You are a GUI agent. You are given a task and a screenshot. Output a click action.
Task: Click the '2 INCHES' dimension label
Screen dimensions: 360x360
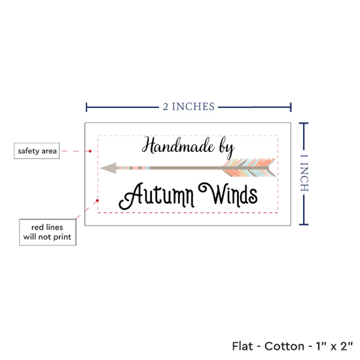[189, 107]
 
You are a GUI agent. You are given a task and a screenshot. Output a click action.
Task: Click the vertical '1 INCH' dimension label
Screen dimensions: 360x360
[304, 173]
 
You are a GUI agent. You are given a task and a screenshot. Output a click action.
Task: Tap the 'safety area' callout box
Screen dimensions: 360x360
[37, 151]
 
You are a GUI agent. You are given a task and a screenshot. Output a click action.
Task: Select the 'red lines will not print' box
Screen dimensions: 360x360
[48, 232]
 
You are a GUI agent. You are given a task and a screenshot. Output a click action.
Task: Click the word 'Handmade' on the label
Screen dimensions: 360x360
[178, 145]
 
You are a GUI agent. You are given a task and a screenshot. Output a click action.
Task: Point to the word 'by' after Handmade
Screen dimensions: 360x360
[227, 149]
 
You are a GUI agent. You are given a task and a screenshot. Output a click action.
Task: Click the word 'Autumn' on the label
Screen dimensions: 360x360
[156, 196]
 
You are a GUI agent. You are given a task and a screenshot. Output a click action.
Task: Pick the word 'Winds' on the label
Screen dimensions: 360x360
[228, 194]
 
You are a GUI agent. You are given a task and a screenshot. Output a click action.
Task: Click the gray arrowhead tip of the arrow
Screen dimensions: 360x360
[101, 168]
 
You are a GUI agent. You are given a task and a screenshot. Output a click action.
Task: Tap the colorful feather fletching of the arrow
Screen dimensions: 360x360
[249, 168]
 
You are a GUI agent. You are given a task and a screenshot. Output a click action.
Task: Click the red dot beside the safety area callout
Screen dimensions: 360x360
[90, 151]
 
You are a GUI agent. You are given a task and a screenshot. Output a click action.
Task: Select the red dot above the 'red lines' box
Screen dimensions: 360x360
[98, 200]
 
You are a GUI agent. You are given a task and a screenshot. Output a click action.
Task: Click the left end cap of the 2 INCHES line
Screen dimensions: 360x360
[86, 107]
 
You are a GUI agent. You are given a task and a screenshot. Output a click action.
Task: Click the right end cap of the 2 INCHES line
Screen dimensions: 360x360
[291, 107]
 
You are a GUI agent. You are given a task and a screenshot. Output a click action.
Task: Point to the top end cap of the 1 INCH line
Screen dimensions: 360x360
[304, 124]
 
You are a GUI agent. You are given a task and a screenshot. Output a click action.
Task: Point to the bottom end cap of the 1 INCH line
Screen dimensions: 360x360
[304, 225]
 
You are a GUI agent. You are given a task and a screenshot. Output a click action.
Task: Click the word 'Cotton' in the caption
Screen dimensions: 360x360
[285, 346]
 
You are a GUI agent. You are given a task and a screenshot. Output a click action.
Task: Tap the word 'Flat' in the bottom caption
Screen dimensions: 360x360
[242, 346]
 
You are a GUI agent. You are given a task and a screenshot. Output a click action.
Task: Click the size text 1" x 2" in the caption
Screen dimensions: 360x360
[334, 346]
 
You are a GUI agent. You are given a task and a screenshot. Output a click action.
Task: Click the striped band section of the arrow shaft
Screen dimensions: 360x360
[133, 168]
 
